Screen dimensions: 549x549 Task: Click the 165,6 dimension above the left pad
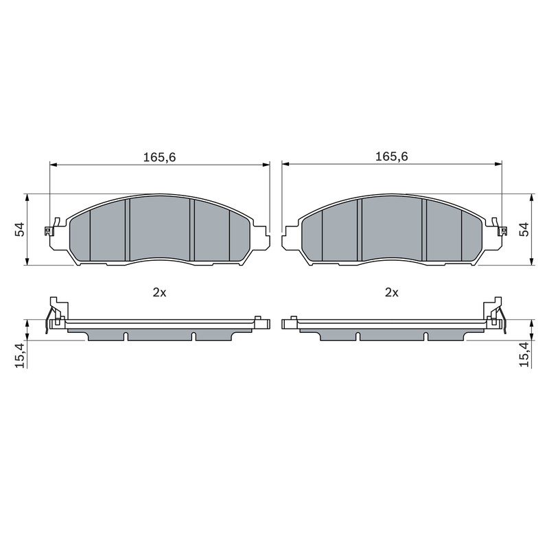tap(159, 157)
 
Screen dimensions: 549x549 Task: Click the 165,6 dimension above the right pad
tap(391, 156)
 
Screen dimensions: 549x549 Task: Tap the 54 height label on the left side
tap(20, 229)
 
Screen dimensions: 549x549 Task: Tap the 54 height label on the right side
tap(525, 229)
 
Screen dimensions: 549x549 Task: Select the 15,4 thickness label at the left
tap(21, 355)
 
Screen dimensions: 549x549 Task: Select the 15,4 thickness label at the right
tap(524, 355)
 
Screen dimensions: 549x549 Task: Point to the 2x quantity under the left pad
tap(159, 292)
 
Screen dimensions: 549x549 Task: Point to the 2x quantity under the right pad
tap(392, 292)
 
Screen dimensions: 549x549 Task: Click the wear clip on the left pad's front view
tap(52, 227)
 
